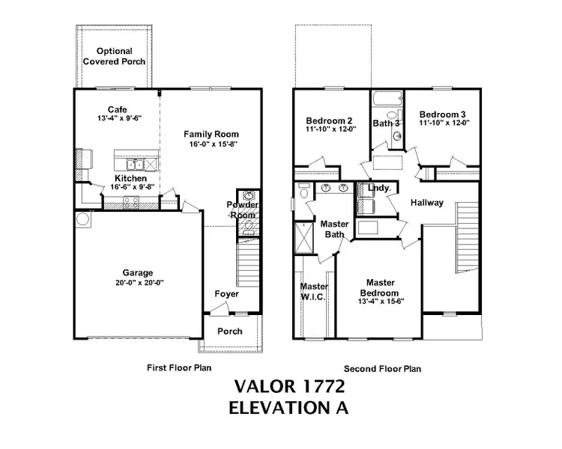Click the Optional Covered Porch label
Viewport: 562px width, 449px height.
(114, 56)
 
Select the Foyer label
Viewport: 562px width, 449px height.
(226, 294)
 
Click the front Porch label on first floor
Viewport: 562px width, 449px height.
(229, 331)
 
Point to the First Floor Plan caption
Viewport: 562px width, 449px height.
(178, 367)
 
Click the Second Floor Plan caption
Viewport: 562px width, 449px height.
(382, 368)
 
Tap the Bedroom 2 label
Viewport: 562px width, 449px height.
(329, 120)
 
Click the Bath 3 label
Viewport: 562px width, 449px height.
(387, 123)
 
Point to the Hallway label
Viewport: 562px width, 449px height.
(426, 203)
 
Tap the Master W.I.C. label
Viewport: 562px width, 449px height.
(314, 291)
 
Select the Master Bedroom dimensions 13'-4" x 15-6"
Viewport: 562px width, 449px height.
(381, 302)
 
